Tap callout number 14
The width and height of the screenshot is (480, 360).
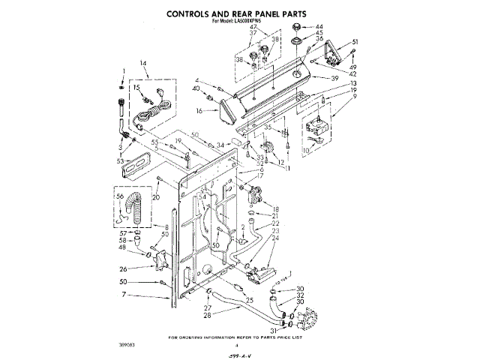point(144,64)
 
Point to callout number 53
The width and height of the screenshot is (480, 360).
point(120,160)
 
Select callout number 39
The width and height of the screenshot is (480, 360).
point(335,77)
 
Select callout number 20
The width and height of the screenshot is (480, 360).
point(156,196)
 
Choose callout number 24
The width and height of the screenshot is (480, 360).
point(275,239)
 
